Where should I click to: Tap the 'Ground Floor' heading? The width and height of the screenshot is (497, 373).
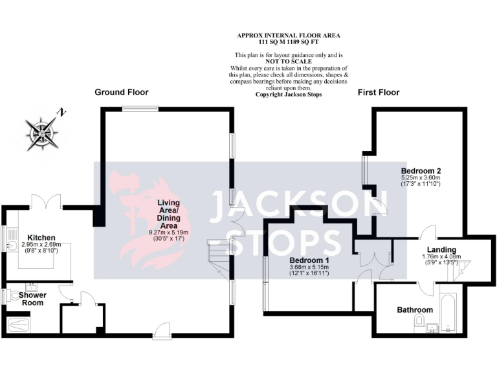[x=122, y=92]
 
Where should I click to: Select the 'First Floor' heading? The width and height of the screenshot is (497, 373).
[x=379, y=93]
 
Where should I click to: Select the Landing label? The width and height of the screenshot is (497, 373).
[x=441, y=250]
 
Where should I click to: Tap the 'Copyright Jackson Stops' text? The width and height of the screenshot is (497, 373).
[x=289, y=95]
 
